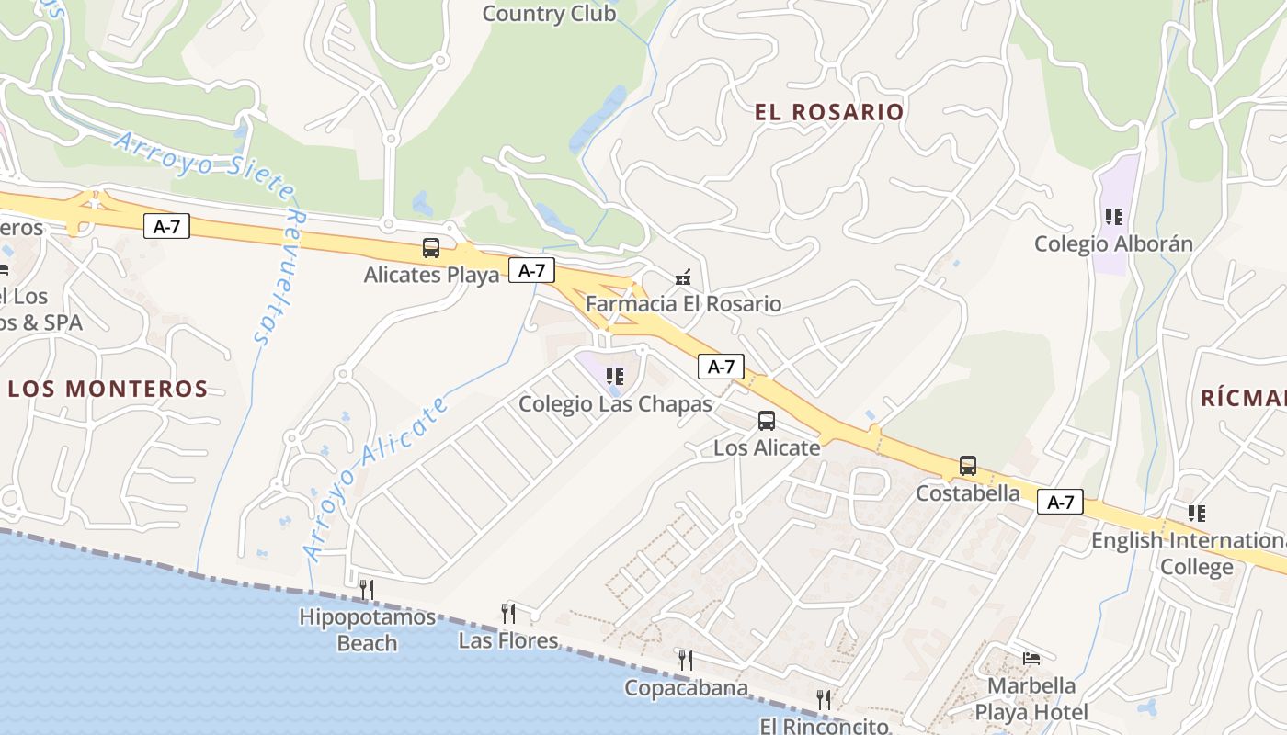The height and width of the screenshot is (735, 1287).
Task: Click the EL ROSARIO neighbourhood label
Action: coord(829,112)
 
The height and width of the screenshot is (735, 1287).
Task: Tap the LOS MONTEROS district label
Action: coord(108,389)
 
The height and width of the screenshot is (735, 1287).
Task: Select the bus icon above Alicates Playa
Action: coord(430,247)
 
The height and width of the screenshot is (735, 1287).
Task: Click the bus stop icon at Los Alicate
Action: coord(766,421)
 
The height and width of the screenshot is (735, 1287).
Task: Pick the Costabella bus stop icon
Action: coord(967,466)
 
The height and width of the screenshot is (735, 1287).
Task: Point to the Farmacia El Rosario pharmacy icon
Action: coord(682,277)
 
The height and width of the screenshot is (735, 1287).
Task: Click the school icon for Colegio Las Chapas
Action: coord(615,376)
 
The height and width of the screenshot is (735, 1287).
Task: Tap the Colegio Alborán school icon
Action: coord(1113,217)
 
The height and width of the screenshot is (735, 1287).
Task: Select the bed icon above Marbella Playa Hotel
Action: coord(1031,658)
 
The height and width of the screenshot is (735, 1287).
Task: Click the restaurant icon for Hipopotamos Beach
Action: coord(366,589)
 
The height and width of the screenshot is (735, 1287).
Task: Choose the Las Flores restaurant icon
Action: coord(507,613)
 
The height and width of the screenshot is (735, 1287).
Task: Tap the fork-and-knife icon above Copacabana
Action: coord(685,660)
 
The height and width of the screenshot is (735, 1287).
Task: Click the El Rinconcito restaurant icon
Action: coord(823,700)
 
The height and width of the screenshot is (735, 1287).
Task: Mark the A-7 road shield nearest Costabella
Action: coord(1060,503)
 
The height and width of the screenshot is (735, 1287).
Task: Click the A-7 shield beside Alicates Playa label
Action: coord(531,271)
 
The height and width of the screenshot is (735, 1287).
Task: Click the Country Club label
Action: coord(549,14)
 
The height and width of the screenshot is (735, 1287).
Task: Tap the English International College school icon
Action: coord(1195,514)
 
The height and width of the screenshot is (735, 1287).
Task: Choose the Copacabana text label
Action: coord(686,688)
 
